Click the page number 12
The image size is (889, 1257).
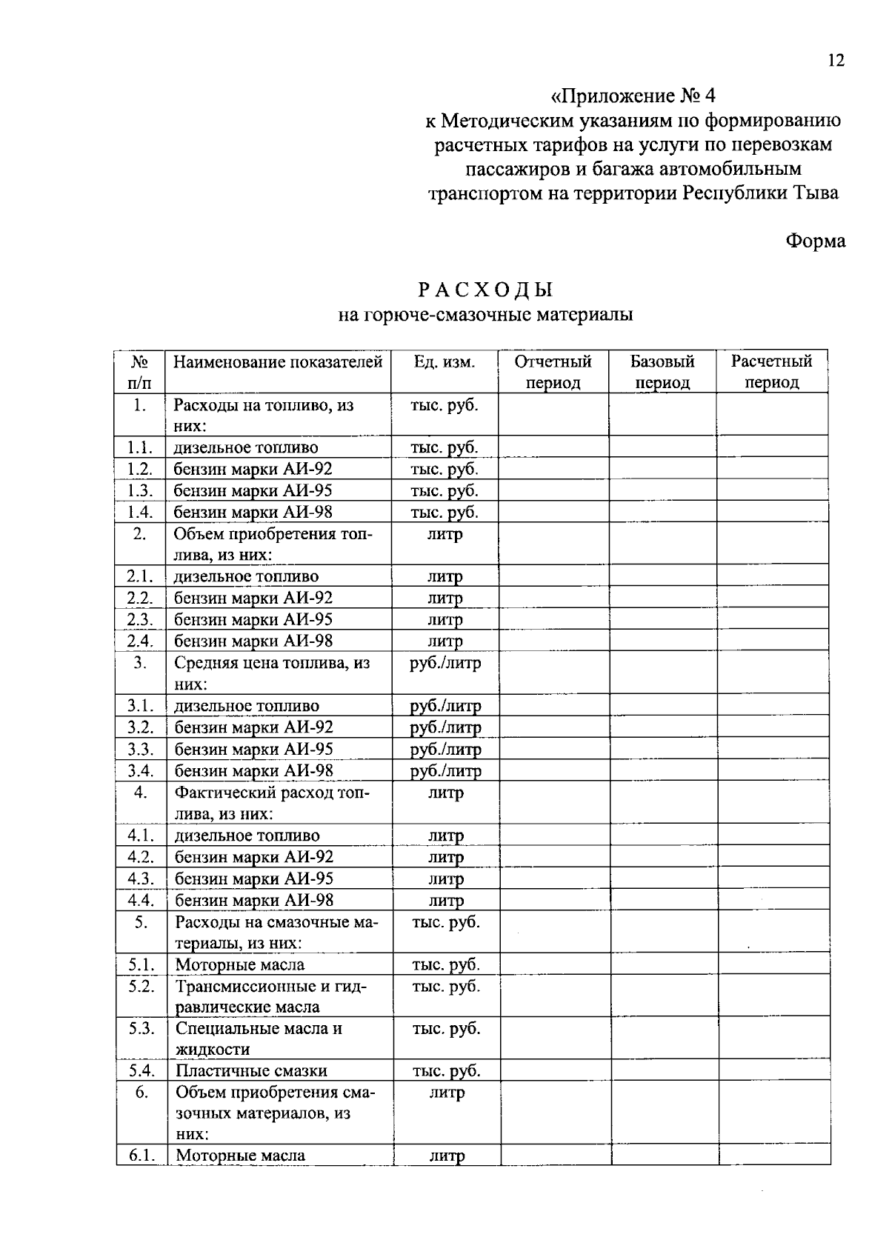point(836,61)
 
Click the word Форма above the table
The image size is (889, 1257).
point(815,241)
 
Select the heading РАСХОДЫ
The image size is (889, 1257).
point(485,289)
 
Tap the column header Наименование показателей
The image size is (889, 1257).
point(278,362)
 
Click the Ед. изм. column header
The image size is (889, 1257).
point(444,362)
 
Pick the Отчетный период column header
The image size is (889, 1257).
point(553,372)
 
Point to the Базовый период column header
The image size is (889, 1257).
point(662,372)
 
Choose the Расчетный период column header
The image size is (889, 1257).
point(771,372)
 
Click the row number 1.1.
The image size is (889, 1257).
point(139,447)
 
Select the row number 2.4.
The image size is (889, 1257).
point(139,641)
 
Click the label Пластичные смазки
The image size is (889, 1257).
point(251,1071)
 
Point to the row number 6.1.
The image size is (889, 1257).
point(141,1156)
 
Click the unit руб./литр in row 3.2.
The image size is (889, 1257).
point(445,728)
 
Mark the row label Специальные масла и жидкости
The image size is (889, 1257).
point(259,1038)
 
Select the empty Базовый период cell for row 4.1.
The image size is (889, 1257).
point(663,836)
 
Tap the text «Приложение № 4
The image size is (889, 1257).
point(634,96)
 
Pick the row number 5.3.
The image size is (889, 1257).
point(141,1029)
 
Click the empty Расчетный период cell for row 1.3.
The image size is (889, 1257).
point(771,490)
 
